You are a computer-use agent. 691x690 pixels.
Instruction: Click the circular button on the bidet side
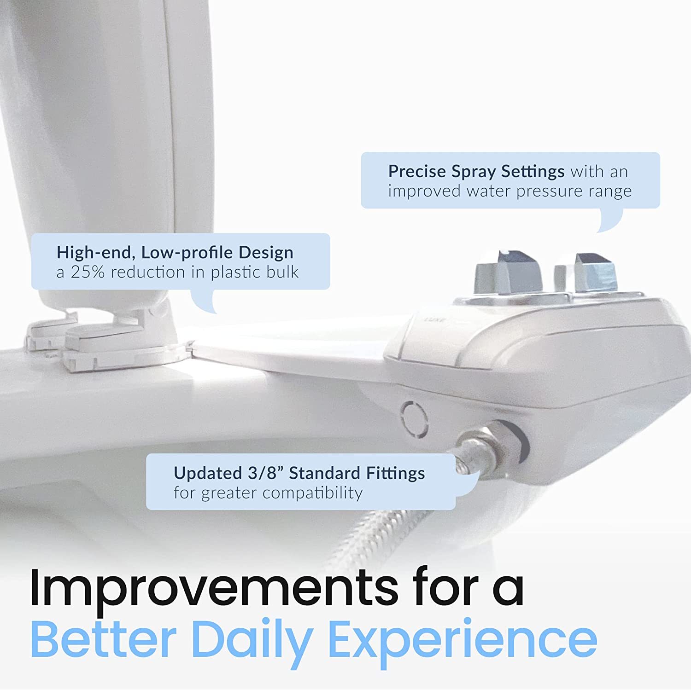[414, 418]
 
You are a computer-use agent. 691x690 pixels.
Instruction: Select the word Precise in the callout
[417, 171]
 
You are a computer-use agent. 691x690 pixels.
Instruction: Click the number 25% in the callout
[88, 272]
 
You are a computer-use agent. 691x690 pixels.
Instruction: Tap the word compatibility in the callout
[315, 493]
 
